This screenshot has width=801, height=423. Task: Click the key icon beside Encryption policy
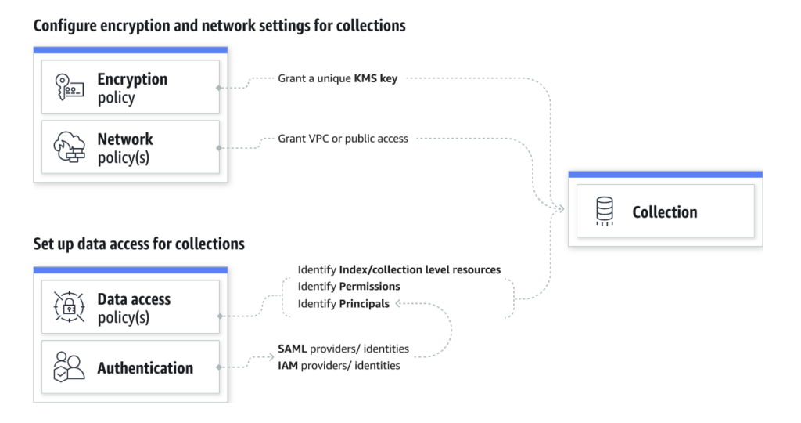pos(67,88)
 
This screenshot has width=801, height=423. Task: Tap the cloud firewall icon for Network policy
pos(68,148)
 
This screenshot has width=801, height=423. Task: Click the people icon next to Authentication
pos(68,367)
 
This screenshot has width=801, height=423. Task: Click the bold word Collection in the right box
pos(664,212)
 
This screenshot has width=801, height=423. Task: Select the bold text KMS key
pos(377,79)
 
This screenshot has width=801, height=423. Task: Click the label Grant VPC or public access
pos(343,139)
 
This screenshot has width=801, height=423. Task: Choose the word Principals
pos(364,304)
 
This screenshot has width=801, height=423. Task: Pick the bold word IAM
pos(289,366)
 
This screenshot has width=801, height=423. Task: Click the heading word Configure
pos(66,26)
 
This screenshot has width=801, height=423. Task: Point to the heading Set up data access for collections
pos(138,244)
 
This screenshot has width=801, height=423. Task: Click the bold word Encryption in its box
pos(132,79)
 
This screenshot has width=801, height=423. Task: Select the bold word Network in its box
pos(125,139)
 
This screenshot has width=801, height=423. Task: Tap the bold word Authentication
pos(145,367)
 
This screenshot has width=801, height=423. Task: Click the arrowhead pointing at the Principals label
pos(397,304)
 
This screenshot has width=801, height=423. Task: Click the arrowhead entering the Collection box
pos(560,209)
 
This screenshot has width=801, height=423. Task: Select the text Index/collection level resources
pos(419,269)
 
